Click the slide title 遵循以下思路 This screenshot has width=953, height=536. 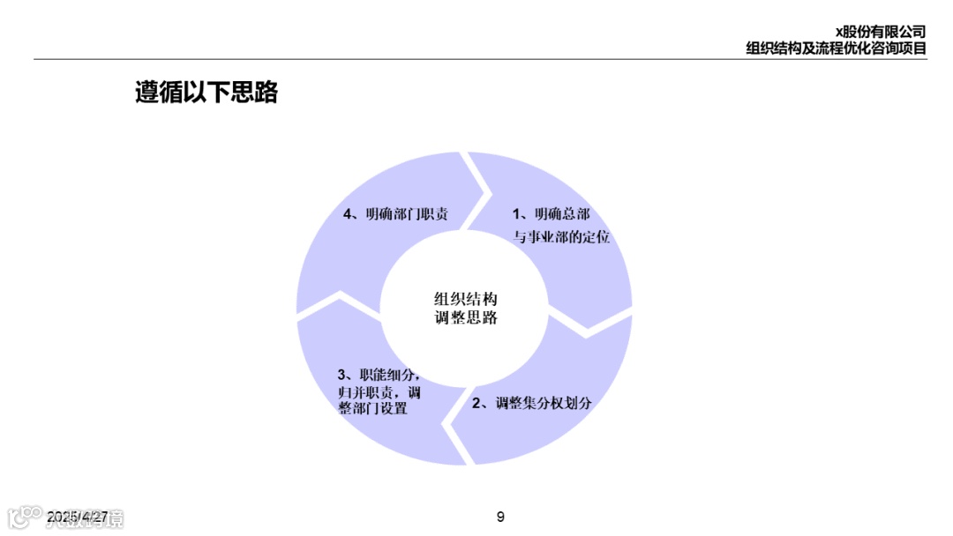[206, 93]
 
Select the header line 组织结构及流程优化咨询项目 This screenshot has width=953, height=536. [836, 48]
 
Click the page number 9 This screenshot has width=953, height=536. [500, 517]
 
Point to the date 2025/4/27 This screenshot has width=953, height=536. [78, 516]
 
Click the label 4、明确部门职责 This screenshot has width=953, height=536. [395, 214]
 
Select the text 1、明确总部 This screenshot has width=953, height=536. [552, 214]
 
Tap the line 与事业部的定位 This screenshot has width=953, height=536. [562, 237]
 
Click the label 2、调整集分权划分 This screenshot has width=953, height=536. [531, 403]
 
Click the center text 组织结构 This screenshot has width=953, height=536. [466, 299]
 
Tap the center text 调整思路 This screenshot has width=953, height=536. [466, 317]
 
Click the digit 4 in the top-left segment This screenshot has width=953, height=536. [348, 214]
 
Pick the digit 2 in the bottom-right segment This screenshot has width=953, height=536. [476, 404]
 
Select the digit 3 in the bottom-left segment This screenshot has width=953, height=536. [341, 374]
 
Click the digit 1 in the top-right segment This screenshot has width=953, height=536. [517, 214]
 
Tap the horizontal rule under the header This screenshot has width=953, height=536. [476, 59]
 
